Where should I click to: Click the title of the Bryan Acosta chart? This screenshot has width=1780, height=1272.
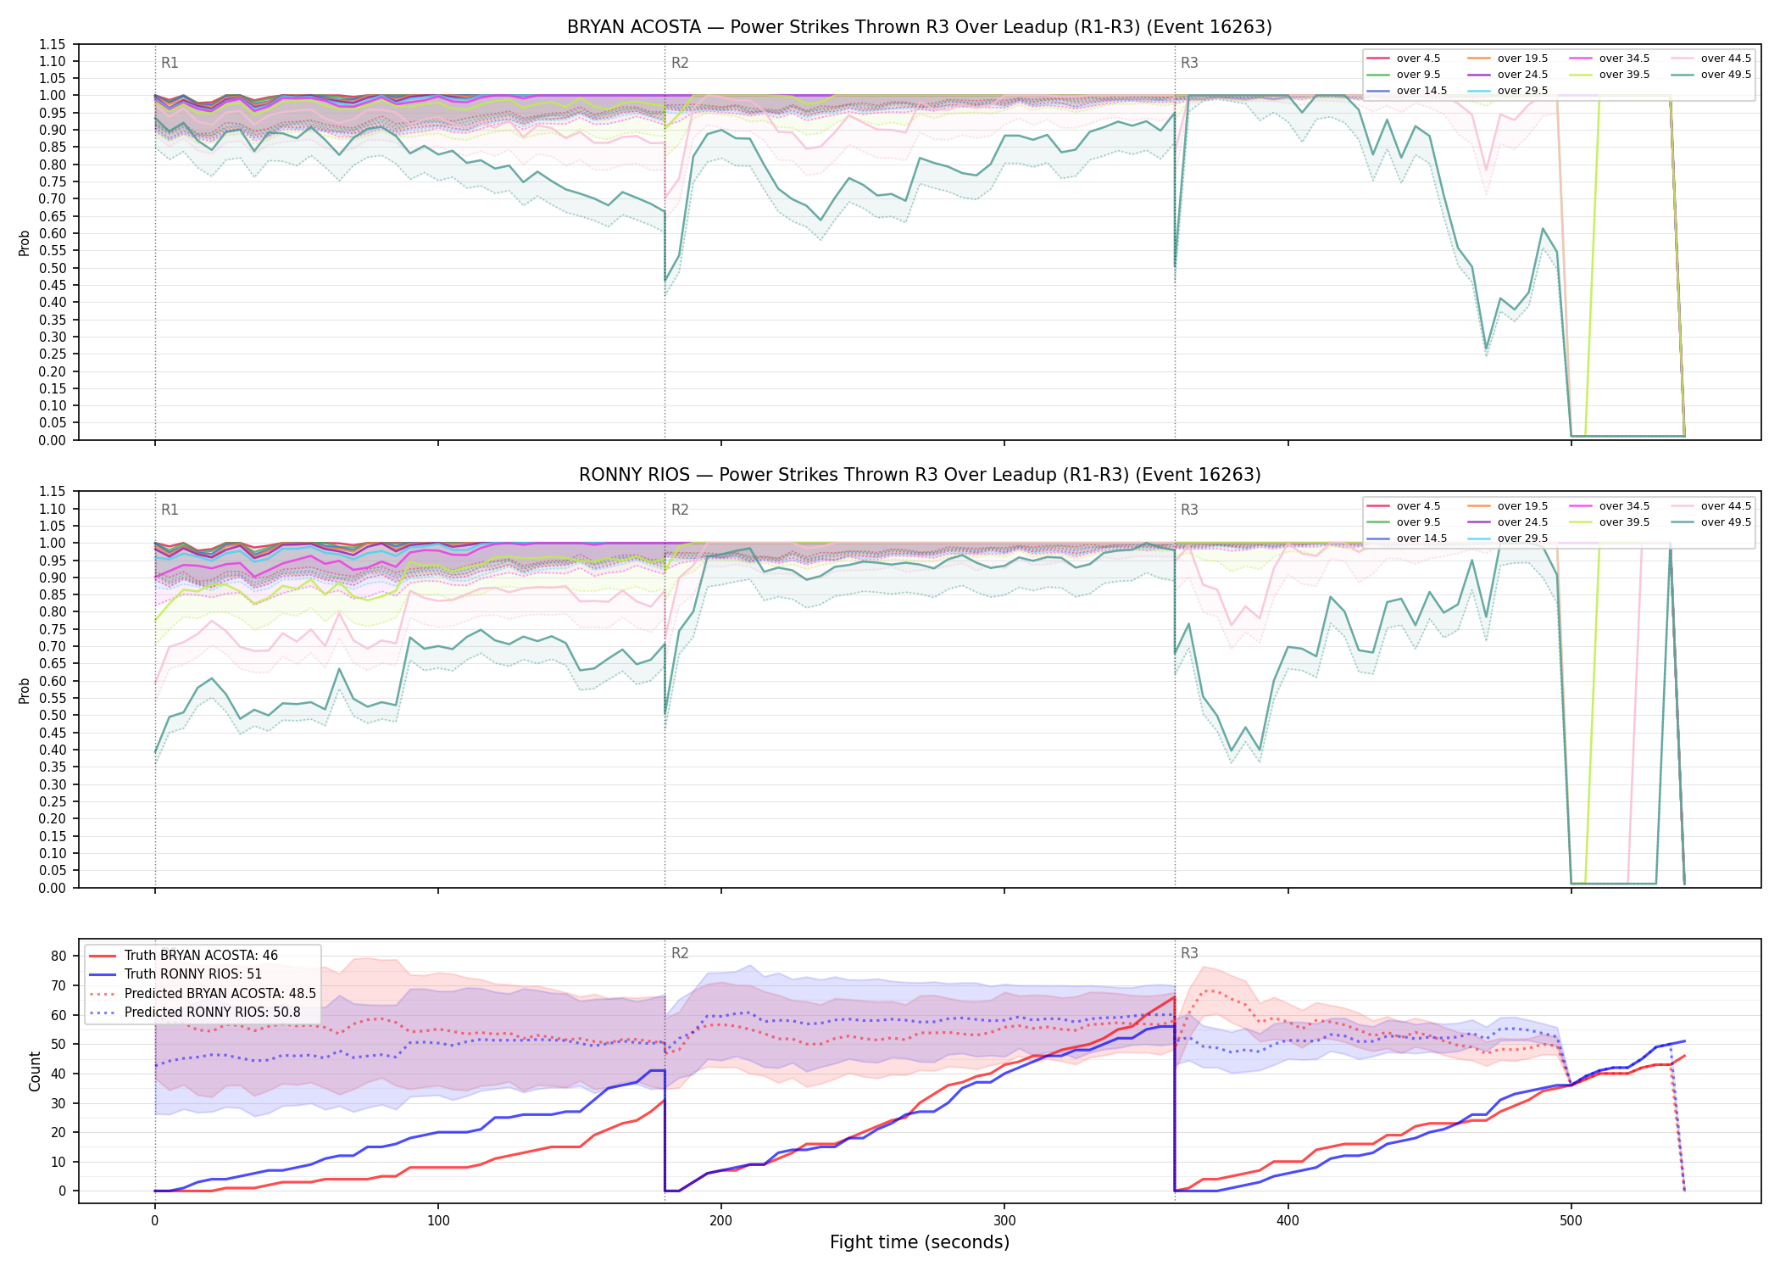coord(920,27)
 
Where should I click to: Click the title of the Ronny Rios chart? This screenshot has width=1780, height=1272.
coord(920,475)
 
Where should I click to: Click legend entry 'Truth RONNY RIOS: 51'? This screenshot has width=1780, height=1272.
coord(193,974)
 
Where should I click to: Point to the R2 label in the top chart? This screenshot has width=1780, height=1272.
coord(680,63)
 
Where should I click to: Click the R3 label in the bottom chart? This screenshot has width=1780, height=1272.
coord(1189,953)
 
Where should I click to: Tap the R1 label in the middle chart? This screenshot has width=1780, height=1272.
coord(170,510)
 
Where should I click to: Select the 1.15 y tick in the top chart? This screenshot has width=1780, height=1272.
coord(53,44)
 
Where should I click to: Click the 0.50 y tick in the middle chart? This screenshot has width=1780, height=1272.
coord(53,715)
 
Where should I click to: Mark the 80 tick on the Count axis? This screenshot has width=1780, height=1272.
coord(58,956)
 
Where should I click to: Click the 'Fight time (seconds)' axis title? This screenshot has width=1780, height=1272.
coord(920,1242)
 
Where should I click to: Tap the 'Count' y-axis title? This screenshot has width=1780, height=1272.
coord(35,1071)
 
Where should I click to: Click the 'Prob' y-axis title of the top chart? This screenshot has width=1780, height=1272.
coord(25,243)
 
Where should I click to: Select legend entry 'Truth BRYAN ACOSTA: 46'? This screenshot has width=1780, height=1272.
coord(201,956)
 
